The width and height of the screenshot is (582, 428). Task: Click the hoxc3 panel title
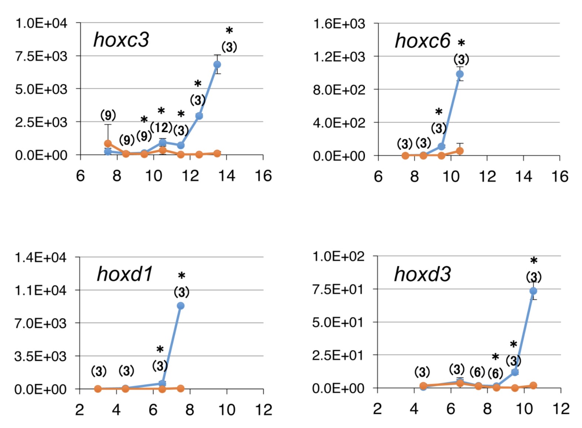(121, 40)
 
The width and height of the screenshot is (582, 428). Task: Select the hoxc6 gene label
(422, 41)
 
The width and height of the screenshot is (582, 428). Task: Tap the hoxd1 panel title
(124, 274)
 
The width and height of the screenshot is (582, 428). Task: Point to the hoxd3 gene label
(422, 275)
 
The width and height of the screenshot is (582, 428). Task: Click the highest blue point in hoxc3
(217, 65)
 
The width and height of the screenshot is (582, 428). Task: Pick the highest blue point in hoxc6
(460, 74)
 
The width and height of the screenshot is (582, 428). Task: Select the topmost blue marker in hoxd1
(181, 306)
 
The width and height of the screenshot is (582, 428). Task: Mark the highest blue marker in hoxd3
(533, 291)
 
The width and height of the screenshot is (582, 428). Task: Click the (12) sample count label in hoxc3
(161, 128)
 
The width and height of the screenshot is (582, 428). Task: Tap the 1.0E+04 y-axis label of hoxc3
(41, 23)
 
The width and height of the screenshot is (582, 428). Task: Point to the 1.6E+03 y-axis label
(339, 24)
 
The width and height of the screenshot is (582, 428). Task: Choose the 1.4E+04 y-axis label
(41, 257)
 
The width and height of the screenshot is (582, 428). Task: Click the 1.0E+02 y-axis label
(338, 256)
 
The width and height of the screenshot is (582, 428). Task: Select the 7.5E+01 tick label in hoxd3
(338, 289)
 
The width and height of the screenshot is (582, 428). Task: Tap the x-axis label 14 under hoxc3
(226, 176)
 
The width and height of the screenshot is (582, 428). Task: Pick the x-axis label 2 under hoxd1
(79, 410)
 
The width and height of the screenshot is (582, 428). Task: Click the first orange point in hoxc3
(108, 144)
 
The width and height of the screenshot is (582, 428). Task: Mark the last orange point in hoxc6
(460, 151)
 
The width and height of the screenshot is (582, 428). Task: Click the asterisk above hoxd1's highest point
(181, 276)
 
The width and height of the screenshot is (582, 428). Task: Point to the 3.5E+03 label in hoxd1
(41, 356)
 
